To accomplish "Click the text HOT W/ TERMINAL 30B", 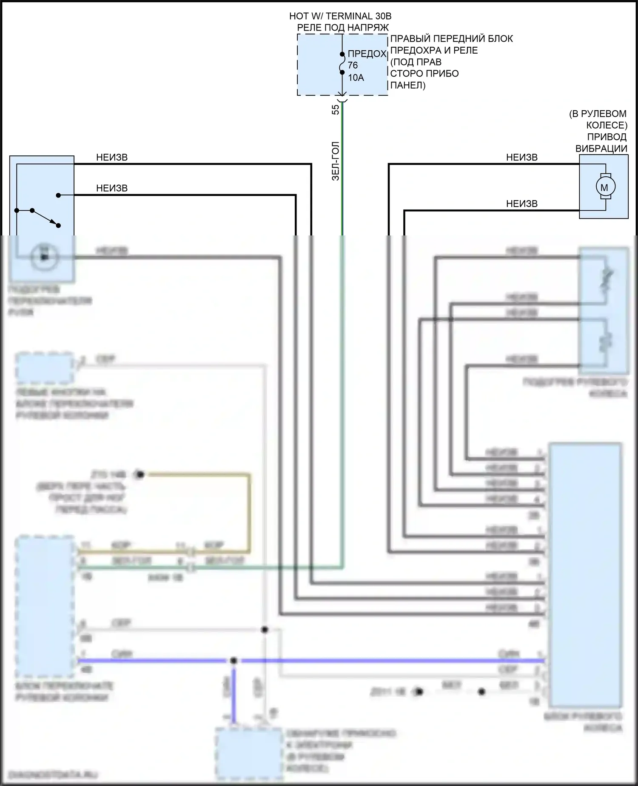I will point(340,16).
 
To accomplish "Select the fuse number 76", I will point(353,66).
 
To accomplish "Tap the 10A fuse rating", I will point(356,77).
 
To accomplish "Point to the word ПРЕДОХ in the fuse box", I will point(367,54).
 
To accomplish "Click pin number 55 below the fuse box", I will point(336,109).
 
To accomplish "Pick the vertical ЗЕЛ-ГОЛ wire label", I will point(336,161).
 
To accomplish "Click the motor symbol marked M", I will point(604,187).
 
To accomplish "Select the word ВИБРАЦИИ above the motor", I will point(601,149).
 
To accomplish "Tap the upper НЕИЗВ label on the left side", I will point(112,158).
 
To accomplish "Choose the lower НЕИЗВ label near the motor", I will point(522,204).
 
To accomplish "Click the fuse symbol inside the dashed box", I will point(342,63).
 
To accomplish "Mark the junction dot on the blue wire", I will point(233,661).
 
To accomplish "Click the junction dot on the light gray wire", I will point(265,630).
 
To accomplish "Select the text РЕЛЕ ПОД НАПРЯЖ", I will point(343,28).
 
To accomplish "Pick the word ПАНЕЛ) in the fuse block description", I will point(408,85).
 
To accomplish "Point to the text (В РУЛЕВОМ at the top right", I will point(598,114).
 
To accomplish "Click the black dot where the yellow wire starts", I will point(140,474).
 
